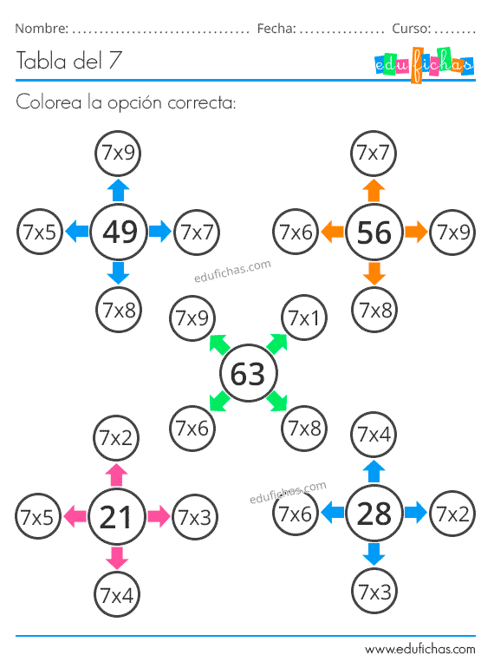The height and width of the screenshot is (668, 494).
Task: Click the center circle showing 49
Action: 119,232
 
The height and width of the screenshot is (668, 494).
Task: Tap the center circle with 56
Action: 374,232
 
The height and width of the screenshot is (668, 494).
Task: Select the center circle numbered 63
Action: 249,373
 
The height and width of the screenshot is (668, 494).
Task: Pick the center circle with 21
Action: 117,517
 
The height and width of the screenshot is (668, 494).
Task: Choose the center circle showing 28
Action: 374,513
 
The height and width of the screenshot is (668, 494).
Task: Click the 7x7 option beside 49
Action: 197,232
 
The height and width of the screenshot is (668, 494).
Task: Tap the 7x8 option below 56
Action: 374,310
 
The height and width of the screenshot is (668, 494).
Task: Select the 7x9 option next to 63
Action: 192,318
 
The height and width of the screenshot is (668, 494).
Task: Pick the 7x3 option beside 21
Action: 194,517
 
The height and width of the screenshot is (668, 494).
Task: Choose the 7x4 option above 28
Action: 374,435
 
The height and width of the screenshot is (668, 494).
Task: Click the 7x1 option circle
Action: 304,318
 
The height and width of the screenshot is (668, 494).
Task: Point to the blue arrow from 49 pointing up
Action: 118,190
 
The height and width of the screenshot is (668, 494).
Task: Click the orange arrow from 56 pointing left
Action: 332,232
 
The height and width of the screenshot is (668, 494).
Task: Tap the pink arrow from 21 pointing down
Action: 117,558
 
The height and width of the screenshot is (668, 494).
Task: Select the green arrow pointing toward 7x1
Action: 276,344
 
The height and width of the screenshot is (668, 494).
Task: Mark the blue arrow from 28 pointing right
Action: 416,513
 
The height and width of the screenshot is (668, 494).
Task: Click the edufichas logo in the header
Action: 424,65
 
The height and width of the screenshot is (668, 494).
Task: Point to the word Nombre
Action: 42,29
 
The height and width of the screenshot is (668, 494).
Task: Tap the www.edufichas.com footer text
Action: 420,649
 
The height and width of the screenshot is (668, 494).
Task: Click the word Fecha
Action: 276,29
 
